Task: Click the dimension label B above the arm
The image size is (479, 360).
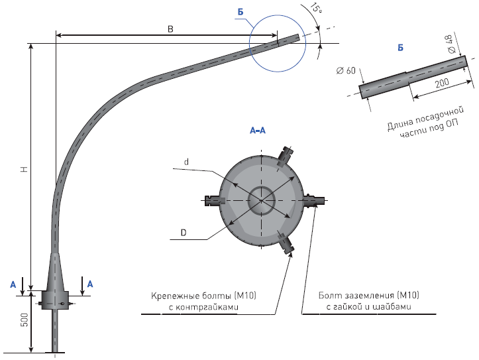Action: coord(170,29)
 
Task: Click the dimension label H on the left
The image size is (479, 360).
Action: coord(23,170)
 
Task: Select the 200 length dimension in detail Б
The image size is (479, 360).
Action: coord(440,84)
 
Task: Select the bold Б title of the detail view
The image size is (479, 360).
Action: coord(400,48)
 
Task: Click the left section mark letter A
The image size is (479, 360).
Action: coord(13,283)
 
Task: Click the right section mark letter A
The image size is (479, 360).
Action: coord(91,283)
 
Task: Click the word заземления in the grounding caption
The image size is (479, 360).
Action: coord(363,295)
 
